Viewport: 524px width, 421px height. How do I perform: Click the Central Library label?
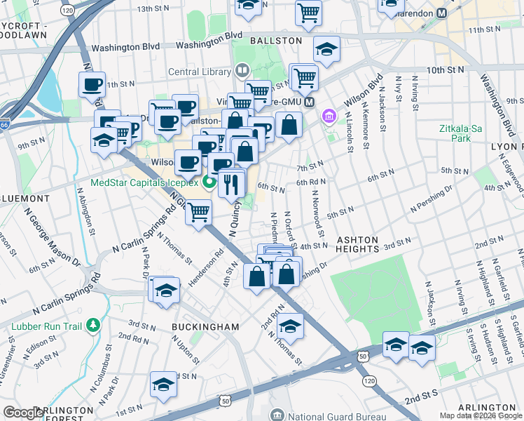pyautogui.click(x=199, y=71)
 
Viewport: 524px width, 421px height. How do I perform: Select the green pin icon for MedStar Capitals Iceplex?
pyautogui.click(x=208, y=183)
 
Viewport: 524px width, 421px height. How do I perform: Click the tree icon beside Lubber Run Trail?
pyautogui.click(x=92, y=325)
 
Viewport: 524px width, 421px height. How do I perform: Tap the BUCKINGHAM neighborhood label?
pyautogui.click(x=206, y=327)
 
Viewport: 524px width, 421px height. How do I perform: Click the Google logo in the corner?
pyautogui.click(x=24, y=413)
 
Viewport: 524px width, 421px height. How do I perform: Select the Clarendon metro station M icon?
pyautogui.click(x=462, y=13)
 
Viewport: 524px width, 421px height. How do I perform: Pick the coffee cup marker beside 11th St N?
pyautogui.click(x=92, y=85)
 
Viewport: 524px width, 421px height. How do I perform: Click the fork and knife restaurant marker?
pyautogui.click(x=231, y=184)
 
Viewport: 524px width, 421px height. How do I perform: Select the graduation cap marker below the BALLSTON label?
pyautogui.click(x=326, y=49)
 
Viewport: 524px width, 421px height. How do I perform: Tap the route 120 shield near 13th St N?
pyautogui.click(x=67, y=12)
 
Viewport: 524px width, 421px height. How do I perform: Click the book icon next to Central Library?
pyautogui.click(x=242, y=70)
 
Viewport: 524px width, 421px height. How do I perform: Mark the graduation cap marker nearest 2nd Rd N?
pyautogui.click(x=291, y=326)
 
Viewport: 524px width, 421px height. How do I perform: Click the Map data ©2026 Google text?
pyautogui.click(x=481, y=415)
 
